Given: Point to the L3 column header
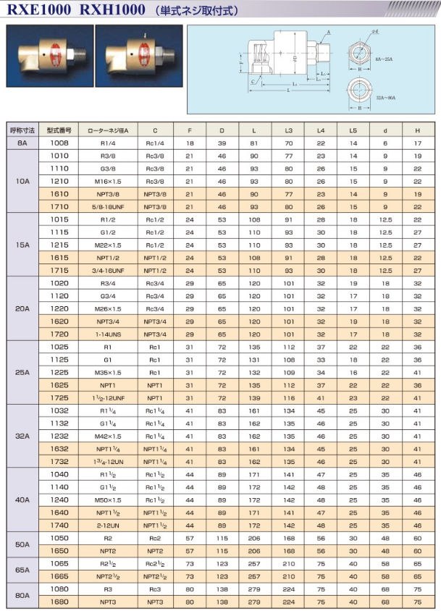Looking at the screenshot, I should [288, 130].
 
